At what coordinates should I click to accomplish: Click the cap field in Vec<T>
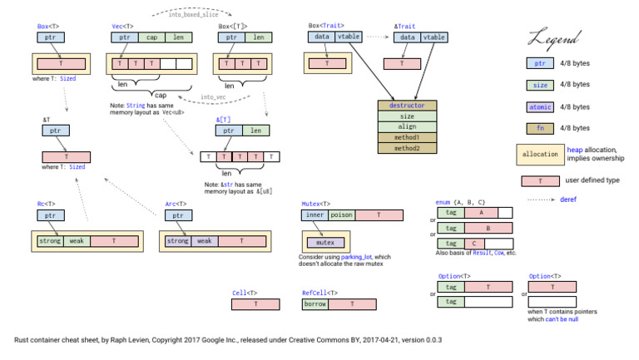click(x=153, y=37)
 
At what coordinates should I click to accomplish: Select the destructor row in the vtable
click(x=407, y=106)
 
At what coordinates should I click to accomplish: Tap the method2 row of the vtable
click(x=407, y=148)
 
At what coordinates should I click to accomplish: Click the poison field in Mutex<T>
click(x=342, y=215)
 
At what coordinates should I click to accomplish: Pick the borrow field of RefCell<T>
click(x=316, y=305)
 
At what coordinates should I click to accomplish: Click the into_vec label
click(x=214, y=97)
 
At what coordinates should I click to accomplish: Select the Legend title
click(x=553, y=37)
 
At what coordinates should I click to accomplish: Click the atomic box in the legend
click(x=540, y=106)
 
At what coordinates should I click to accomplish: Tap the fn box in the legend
click(x=540, y=128)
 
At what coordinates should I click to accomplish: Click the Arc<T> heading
click(x=176, y=204)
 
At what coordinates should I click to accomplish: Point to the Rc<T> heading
click(x=46, y=204)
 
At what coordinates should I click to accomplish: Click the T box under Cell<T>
click(x=256, y=305)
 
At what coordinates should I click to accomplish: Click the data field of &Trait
click(x=407, y=37)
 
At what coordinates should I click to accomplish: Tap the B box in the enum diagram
click(x=486, y=228)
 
